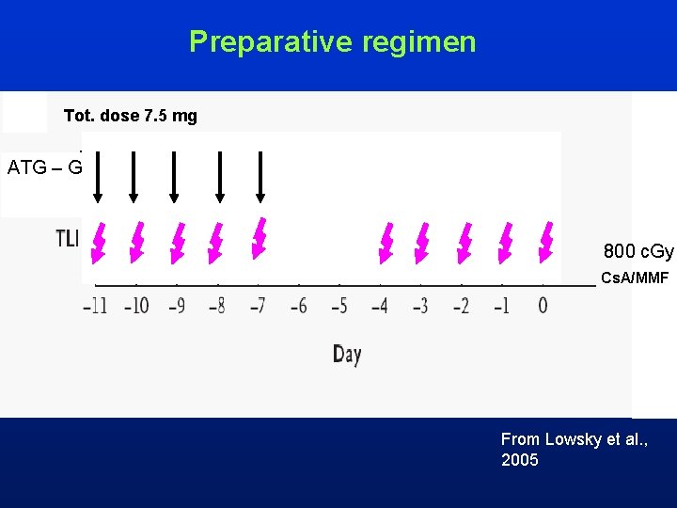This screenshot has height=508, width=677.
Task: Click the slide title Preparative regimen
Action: tap(332, 41)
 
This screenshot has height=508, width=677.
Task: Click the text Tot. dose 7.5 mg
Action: tap(130, 116)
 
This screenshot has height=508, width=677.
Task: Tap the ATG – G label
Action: tap(45, 168)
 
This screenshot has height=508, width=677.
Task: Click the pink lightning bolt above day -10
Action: tap(137, 243)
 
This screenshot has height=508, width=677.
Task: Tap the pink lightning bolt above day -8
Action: tap(216, 243)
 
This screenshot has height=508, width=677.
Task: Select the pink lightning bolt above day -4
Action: tap(385, 242)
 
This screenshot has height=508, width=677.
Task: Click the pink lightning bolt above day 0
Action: tap(545, 242)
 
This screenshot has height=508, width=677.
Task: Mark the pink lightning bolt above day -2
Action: tap(464, 242)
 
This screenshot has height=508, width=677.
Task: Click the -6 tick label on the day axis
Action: tap(298, 306)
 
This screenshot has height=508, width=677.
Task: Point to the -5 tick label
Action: tap(338, 306)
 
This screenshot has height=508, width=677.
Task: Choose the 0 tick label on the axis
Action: tap(543, 306)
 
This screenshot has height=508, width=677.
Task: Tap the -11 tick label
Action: tap(95, 306)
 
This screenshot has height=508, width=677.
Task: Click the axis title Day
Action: tap(346, 355)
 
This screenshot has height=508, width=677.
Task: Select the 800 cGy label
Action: tap(638, 251)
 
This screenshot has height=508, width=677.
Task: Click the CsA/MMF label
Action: tap(634, 278)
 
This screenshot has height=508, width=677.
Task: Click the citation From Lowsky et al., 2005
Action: tap(573, 450)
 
